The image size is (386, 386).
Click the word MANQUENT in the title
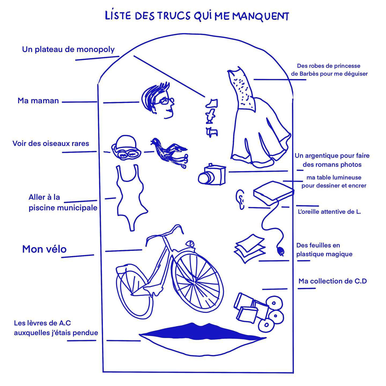point(260,16)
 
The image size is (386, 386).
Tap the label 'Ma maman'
point(38,101)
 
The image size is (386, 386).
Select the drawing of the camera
point(212,175)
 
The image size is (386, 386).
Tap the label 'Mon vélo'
point(44,249)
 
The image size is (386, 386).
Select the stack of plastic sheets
point(249,248)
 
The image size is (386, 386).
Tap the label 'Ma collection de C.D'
point(332,281)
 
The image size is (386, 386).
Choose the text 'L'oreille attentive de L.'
point(329,212)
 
